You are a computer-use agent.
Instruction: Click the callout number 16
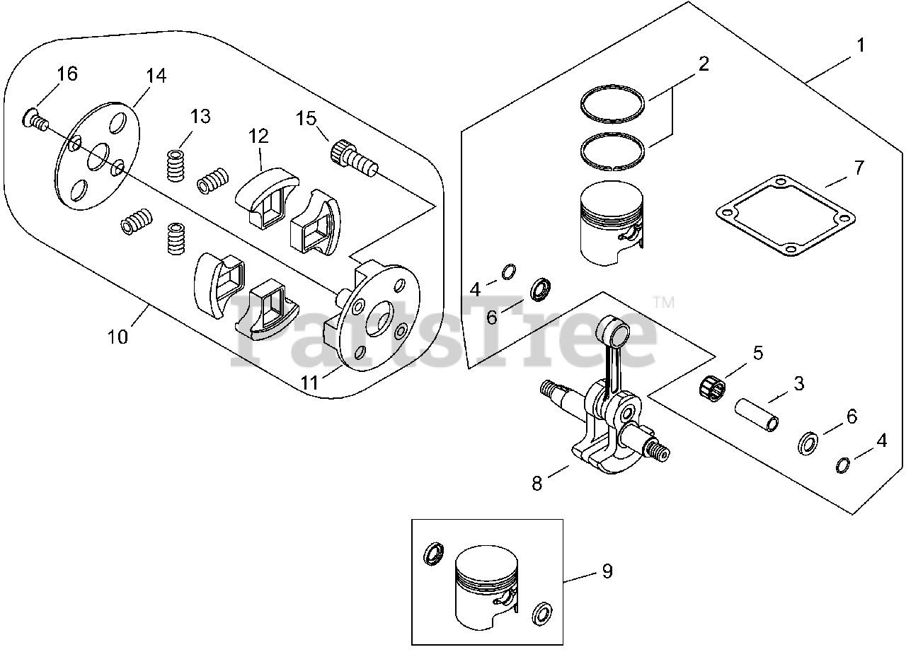[x=67, y=74]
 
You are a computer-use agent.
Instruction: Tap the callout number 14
[x=156, y=76]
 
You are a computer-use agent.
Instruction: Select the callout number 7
[x=859, y=168]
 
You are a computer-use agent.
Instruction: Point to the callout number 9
[x=607, y=571]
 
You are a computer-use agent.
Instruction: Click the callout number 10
[x=118, y=337]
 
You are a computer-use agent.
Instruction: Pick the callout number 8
[x=537, y=484]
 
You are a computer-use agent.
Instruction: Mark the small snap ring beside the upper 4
[x=508, y=272]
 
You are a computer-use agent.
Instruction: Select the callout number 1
[x=860, y=46]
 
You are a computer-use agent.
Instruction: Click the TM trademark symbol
[x=663, y=303]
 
